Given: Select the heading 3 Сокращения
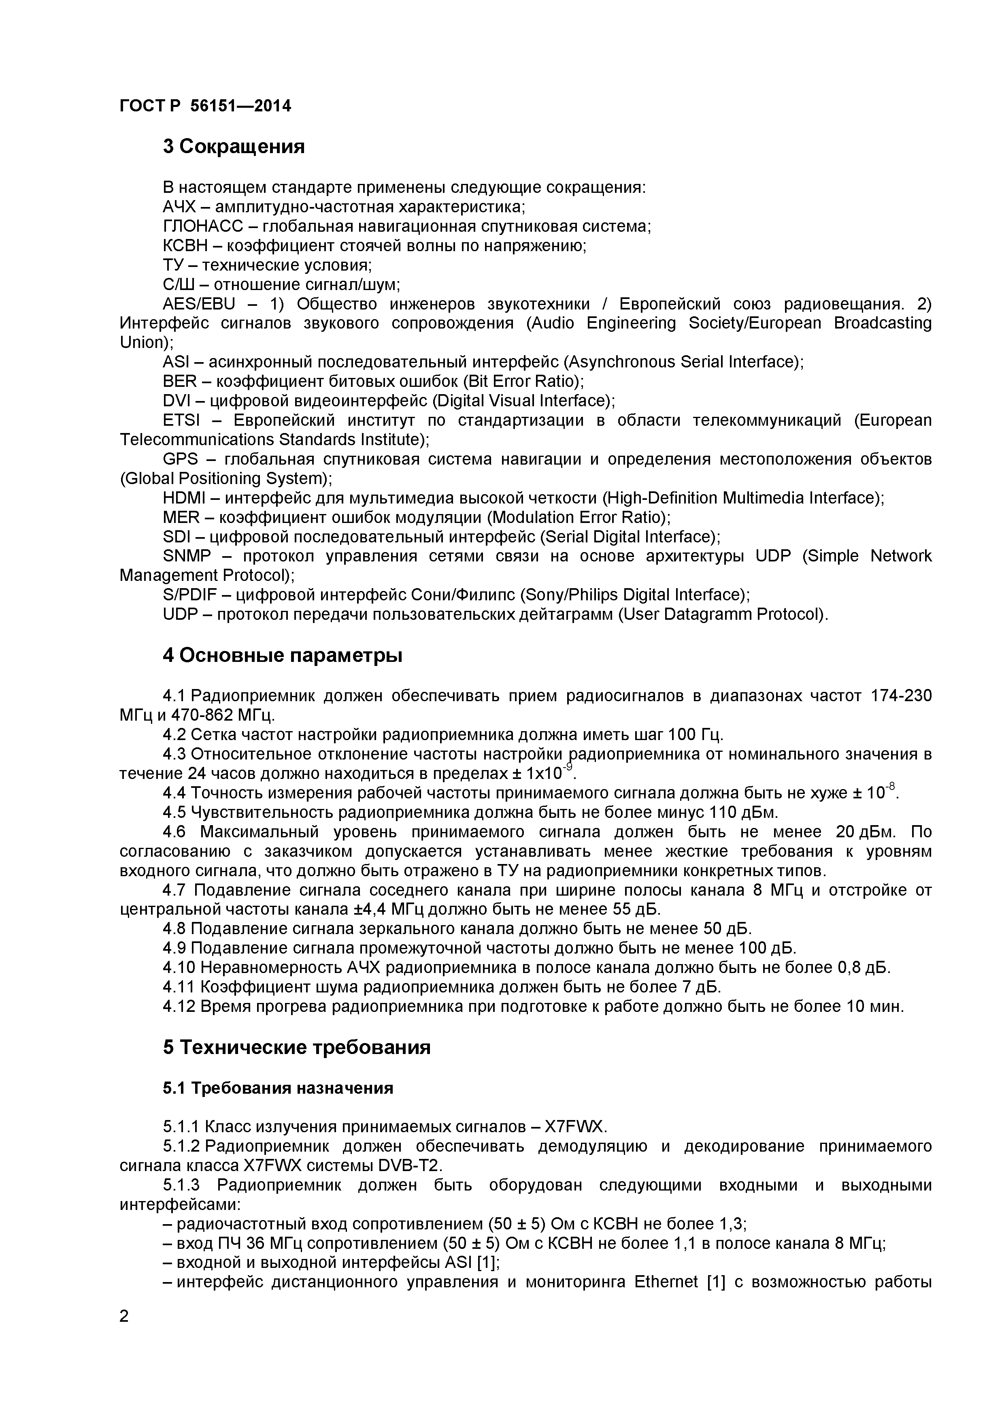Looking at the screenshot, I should click(x=234, y=147).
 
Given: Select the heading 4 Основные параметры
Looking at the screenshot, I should click(x=283, y=655).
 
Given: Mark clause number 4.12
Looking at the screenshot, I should click(x=179, y=1006).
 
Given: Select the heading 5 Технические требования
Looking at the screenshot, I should click(x=297, y=1047).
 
